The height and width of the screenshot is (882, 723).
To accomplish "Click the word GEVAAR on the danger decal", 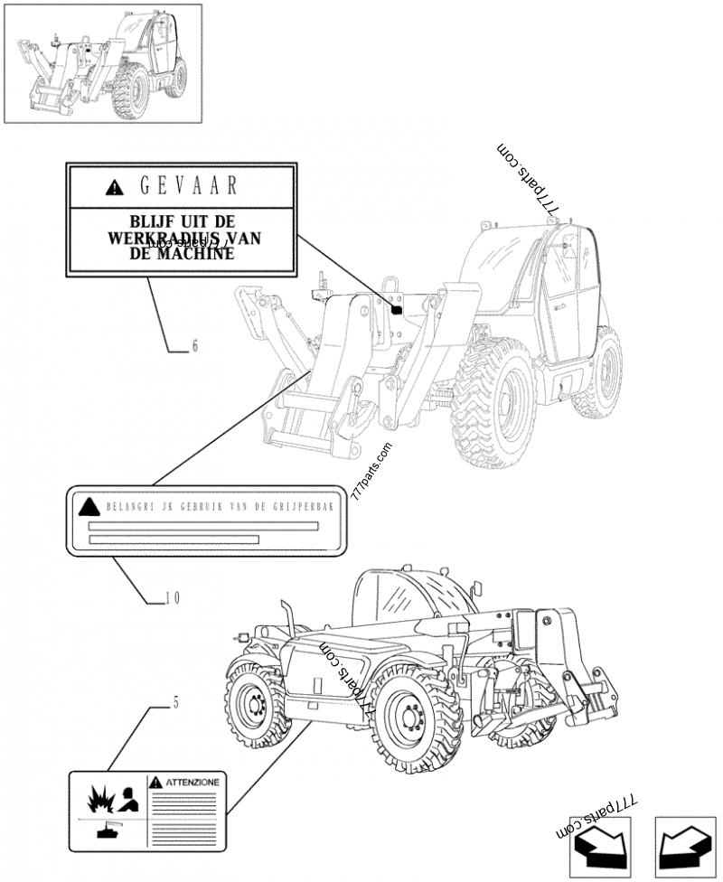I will click(x=190, y=187).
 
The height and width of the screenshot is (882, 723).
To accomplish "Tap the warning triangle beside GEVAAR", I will click(x=113, y=188).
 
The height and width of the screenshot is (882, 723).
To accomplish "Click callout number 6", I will click(x=194, y=346).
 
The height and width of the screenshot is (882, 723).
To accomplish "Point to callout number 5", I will click(x=175, y=701).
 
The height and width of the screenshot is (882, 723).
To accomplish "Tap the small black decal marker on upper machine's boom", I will click(x=395, y=310).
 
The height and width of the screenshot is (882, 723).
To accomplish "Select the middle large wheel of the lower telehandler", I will click(x=416, y=720).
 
